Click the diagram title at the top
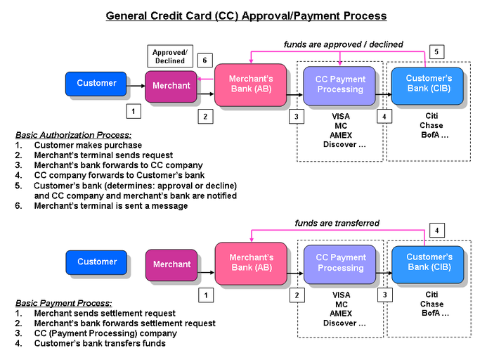[245, 15]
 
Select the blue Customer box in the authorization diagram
[96, 84]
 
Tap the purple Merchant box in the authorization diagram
[171, 86]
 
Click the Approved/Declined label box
[170, 56]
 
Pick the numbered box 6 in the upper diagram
[204, 60]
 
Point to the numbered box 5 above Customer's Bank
[436, 52]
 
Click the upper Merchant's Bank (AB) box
[250, 84]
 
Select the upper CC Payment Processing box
[339, 84]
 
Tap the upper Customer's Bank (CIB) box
[428, 84]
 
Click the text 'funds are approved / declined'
[343, 44]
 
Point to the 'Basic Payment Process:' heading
[63, 303]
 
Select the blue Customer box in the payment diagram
[96, 262]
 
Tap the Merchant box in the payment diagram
[171, 264]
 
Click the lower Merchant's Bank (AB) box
[250, 262]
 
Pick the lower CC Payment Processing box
[339, 262]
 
